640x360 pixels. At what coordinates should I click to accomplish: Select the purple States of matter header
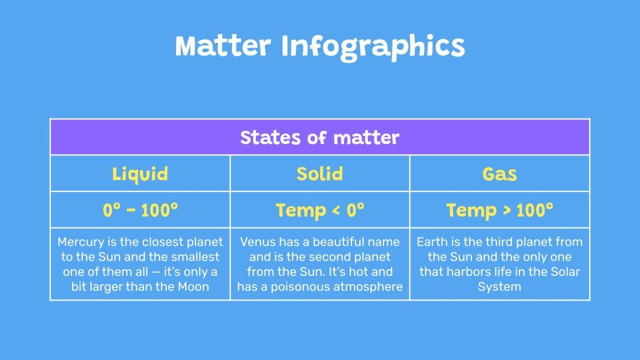[x=319, y=138]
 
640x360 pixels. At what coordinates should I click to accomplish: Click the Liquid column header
[x=140, y=174]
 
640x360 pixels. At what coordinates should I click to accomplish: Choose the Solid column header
[x=319, y=174]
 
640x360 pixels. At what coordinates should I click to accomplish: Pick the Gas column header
[x=499, y=174]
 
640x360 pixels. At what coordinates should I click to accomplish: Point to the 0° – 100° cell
[x=140, y=210]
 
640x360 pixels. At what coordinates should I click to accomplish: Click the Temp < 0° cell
[x=319, y=210]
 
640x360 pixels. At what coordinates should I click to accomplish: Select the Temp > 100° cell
[x=499, y=210]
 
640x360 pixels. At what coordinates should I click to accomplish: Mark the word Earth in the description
[x=433, y=242]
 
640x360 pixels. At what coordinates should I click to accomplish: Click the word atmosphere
[x=367, y=287]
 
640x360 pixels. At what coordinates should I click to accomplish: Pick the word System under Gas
[x=499, y=287]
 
